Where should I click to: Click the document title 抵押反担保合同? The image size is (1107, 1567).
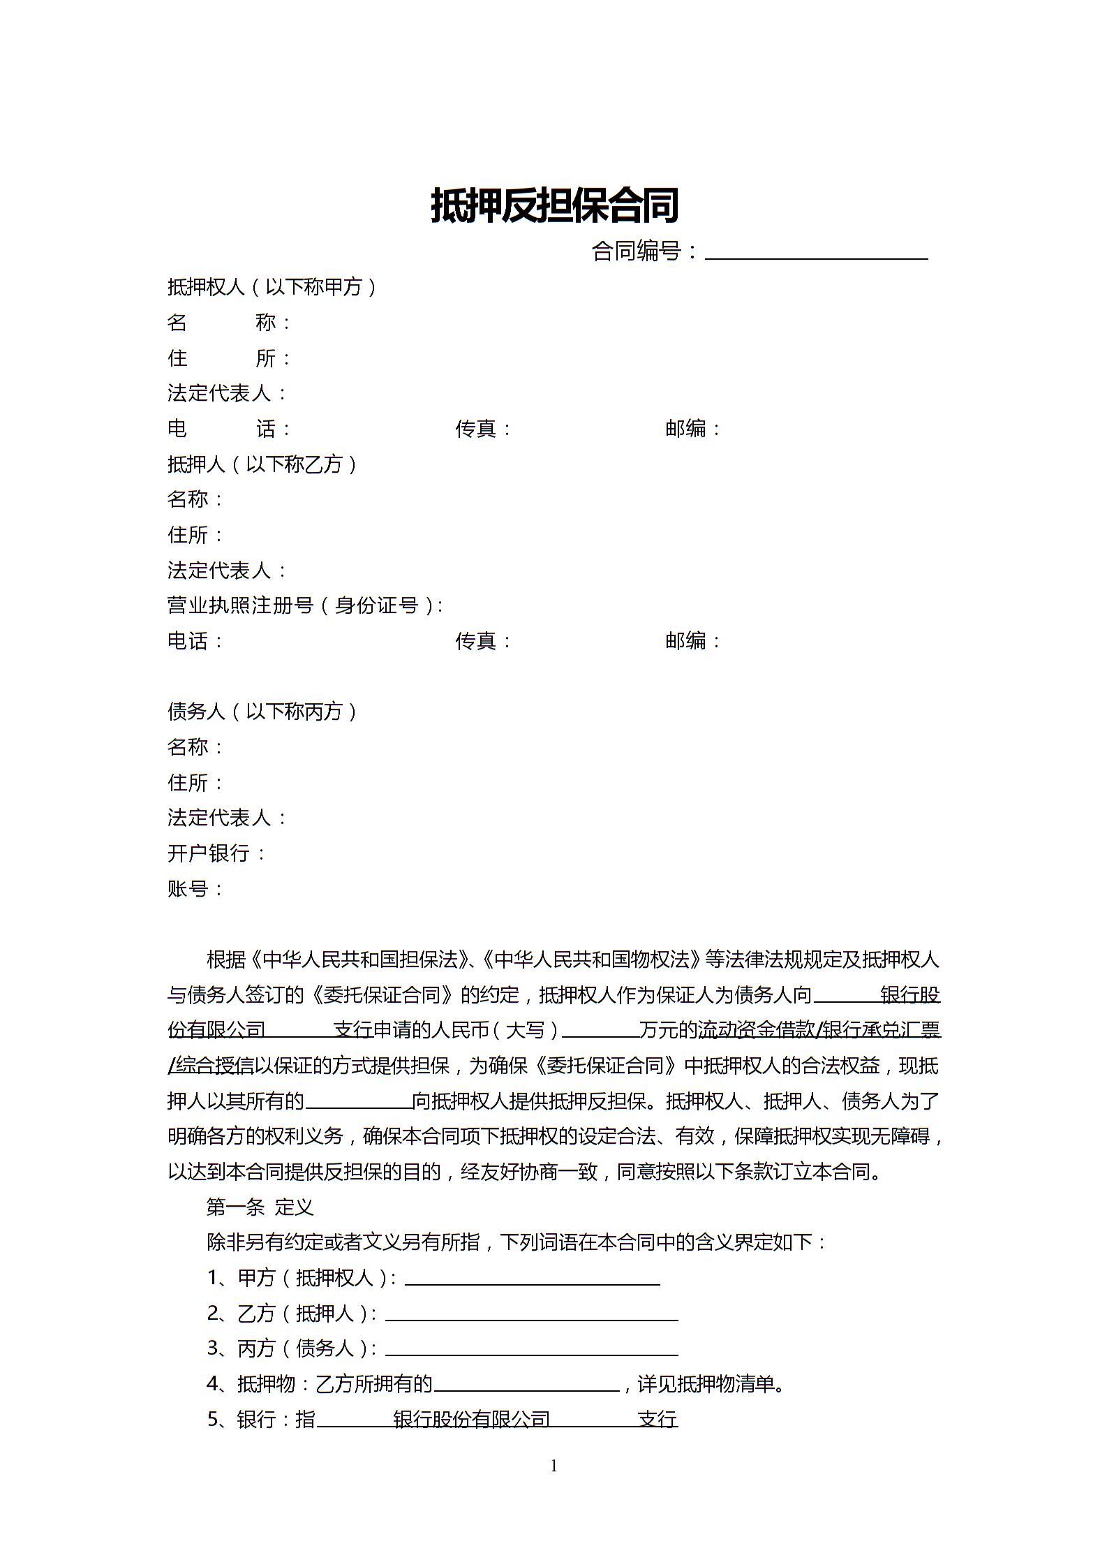554,205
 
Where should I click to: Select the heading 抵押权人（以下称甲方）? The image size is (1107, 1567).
272,287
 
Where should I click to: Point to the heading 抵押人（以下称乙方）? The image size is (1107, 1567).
262,464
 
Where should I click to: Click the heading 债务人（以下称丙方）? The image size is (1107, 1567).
262,712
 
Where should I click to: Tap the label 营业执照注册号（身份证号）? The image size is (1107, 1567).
303,605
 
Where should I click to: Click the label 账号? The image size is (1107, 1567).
188,889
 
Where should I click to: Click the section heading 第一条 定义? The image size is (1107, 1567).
260,1207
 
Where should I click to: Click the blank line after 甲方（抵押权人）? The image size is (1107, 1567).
532,1279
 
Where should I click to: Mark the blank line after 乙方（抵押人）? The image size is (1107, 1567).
531,1314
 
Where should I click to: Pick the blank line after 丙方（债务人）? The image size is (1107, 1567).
531,1349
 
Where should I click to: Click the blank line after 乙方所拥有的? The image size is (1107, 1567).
526,1384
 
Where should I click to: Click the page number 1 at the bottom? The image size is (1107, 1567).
554,1466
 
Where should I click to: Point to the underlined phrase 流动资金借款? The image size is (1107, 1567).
756,1030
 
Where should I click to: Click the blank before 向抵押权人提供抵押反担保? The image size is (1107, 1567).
359,1102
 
